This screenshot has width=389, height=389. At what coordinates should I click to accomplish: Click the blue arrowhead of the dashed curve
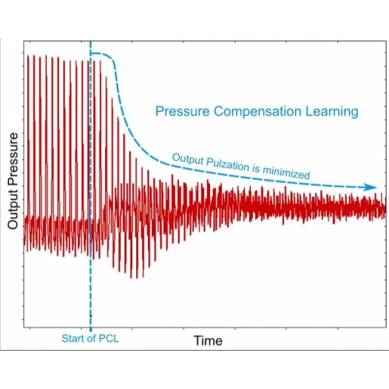371,187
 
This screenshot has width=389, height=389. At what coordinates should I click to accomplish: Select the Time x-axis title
208,340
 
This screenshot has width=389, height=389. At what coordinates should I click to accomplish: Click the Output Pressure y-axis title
13,181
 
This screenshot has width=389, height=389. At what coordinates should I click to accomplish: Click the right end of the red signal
384,209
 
